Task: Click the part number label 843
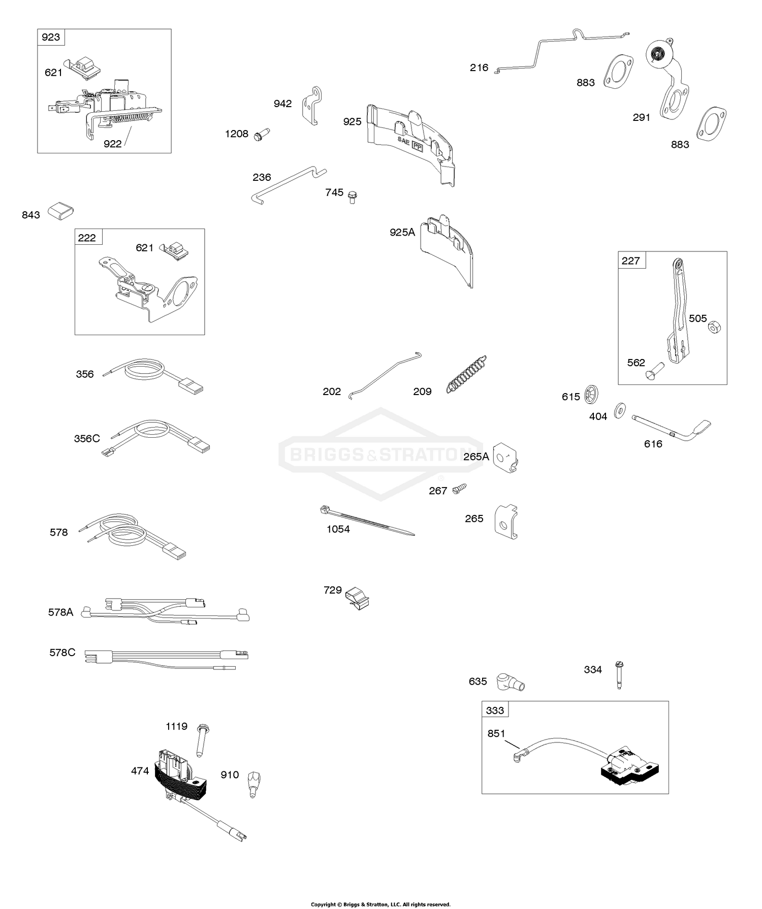point(30,215)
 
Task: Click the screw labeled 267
point(458,489)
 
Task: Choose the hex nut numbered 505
point(713,328)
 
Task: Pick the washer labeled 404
point(619,410)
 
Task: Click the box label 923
point(51,37)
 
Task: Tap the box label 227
point(630,261)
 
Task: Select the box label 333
point(495,710)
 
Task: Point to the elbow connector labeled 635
point(510,681)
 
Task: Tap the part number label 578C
point(62,652)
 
